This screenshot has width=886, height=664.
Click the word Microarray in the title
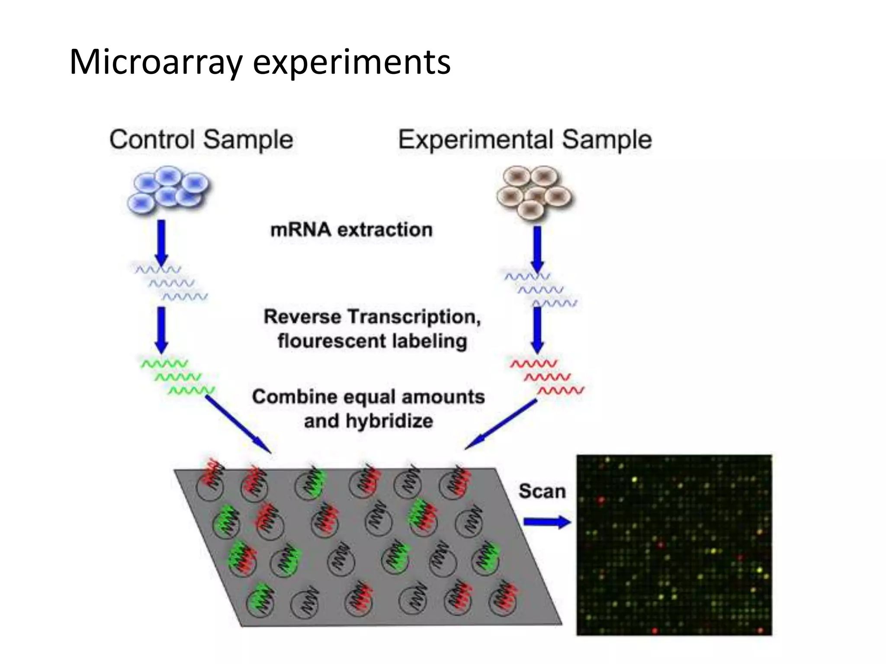(x=156, y=63)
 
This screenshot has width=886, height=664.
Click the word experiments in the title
(x=351, y=63)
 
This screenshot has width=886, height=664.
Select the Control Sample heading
(x=201, y=140)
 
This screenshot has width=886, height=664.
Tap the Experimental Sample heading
(x=525, y=140)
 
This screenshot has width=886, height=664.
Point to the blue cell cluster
(x=168, y=190)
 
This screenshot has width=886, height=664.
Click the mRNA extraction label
(x=351, y=230)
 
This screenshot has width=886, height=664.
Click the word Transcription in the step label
(x=415, y=317)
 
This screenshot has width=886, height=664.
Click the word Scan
(x=542, y=492)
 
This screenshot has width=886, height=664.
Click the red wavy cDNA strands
(x=547, y=377)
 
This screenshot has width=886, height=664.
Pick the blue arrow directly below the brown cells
(x=537, y=249)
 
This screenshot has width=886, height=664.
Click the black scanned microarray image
(x=674, y=545)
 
